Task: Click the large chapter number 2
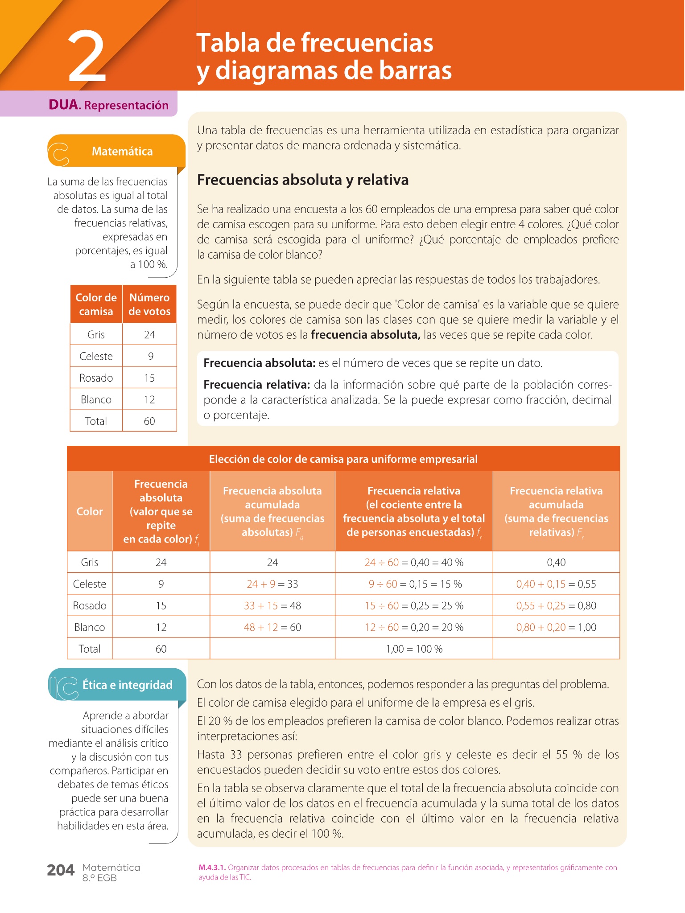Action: point(87,57)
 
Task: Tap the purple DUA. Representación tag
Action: point(108,105)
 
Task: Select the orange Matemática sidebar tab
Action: point(122,152)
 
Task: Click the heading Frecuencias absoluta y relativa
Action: point(303,180)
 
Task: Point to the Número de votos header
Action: point(149,304)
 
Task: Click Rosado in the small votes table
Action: point(96,378)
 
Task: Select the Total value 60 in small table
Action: point(149,421)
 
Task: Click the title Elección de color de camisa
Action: point(343,459)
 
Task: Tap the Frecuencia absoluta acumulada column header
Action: point(272,511)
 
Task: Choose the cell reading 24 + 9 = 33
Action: point(272,584)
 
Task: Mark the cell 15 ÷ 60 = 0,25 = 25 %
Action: point(414,606)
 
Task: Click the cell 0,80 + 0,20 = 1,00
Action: point(556,627)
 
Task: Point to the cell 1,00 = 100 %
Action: point(414,649)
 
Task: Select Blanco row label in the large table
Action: point(90,627)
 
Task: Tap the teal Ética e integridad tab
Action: point(127,685)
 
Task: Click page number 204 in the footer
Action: point(61,870)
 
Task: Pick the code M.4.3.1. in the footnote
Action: point(212,868)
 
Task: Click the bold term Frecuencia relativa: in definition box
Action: point(256,385)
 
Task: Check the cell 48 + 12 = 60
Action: point(272,627)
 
